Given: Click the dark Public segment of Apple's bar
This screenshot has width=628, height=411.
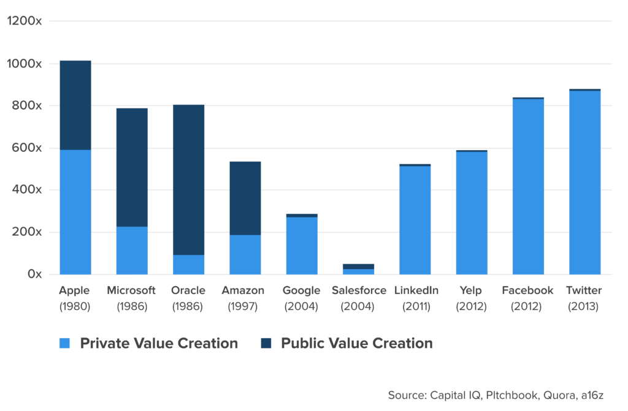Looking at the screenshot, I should tap(75, 104).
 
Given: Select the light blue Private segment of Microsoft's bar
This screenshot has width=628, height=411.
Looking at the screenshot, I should tap(132, 250).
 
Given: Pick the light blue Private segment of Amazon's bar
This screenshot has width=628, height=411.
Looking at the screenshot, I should tap(245, 254).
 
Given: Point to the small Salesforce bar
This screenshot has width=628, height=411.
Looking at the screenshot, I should tap(358, 269).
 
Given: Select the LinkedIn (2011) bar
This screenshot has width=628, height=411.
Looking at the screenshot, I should tap(415, 221).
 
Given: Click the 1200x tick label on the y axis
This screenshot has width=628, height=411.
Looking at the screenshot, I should tap(25, 21).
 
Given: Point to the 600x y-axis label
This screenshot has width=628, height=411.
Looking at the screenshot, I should tap(27, 148).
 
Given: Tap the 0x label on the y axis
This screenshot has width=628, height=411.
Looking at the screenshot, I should tap(34, 274).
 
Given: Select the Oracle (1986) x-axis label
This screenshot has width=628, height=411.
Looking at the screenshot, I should tap(188, 298).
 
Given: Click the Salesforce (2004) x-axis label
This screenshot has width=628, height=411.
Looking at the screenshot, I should tap(358, 298).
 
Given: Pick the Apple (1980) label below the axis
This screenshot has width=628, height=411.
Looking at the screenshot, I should tap(75, 298).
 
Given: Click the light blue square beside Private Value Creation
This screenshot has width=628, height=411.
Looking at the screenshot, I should tap(65, 343).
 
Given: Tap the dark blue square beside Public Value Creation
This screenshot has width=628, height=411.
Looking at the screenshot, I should tap(266, 343).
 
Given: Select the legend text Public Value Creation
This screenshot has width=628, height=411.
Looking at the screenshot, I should tap(356, 343).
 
